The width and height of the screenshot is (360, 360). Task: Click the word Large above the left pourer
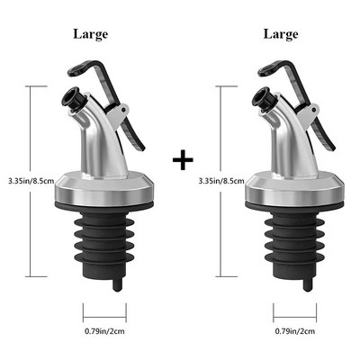pos(90,34)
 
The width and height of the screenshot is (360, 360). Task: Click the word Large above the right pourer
pos(281,34)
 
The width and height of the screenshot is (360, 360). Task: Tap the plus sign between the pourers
pos(183,159)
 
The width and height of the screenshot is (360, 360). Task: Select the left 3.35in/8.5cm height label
pos(31,181)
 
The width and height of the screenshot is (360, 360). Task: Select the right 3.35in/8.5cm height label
pos(221,181)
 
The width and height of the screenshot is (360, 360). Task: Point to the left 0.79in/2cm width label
pos(104,331)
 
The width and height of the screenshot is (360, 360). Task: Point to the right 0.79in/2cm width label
pos(295,331)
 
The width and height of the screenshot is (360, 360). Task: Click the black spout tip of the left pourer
pos(73,97)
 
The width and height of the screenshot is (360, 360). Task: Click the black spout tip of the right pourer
pos(264,97)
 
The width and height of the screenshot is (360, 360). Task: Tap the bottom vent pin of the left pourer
pos(117,285)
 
